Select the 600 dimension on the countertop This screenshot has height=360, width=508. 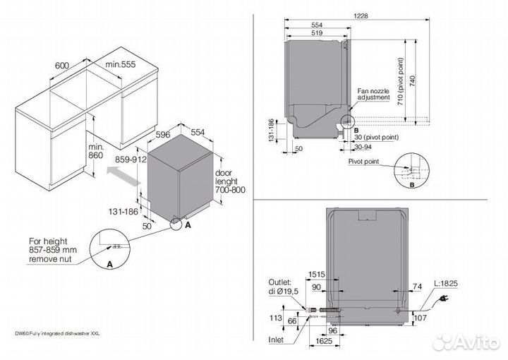coord(61,65)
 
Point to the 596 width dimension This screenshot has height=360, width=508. coord(164,133)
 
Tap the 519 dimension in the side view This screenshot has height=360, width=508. coord(316,33)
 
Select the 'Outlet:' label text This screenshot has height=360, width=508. coord(280,280)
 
